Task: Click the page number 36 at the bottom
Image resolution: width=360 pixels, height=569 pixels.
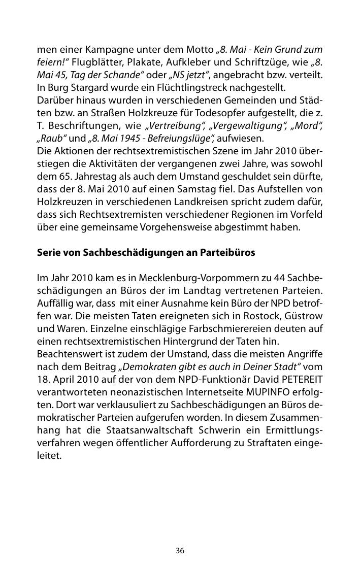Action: (180, 551)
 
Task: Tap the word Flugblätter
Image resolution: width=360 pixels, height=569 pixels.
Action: (101, 63)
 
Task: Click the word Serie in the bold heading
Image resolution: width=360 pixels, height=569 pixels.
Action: (48, 251)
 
